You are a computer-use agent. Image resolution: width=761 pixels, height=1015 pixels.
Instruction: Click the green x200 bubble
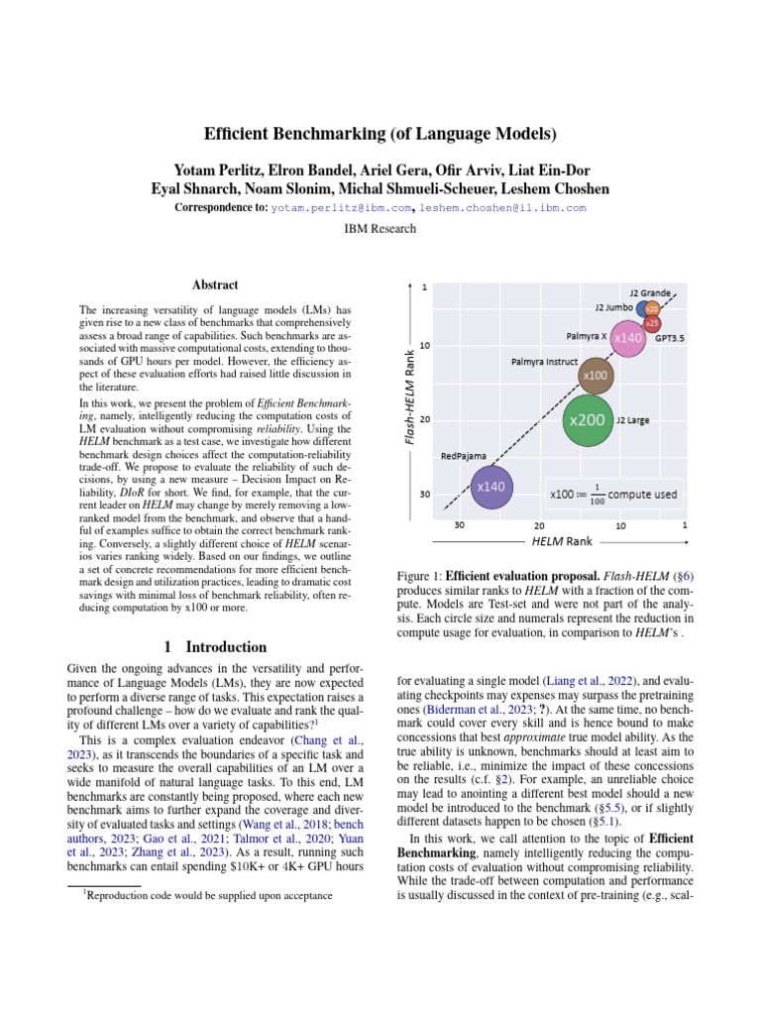[x=587, y=421]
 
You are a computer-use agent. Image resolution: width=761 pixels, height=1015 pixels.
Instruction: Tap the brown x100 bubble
[x=595, y=376]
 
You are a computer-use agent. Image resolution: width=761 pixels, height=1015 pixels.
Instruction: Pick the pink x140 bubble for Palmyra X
[x=628, y=339]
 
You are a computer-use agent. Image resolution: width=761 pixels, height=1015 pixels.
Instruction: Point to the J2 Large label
[x=633, y=421]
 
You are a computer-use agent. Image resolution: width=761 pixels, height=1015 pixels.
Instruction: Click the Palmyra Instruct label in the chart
[x=544, y=363]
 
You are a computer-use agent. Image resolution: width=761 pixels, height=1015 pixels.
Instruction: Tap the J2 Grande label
[x=650, y=293]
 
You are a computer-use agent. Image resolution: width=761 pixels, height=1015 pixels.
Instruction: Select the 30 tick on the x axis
[x=460, y=524]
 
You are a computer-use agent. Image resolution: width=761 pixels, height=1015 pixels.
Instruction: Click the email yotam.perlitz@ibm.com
[x=342, y=208]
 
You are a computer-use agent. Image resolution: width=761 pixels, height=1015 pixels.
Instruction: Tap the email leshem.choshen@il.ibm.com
[x=502, y=208]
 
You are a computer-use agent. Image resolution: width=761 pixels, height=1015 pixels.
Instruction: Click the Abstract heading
[x=214, y=284]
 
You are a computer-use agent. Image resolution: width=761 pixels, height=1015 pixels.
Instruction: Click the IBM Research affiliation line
[x=380, y=229]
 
